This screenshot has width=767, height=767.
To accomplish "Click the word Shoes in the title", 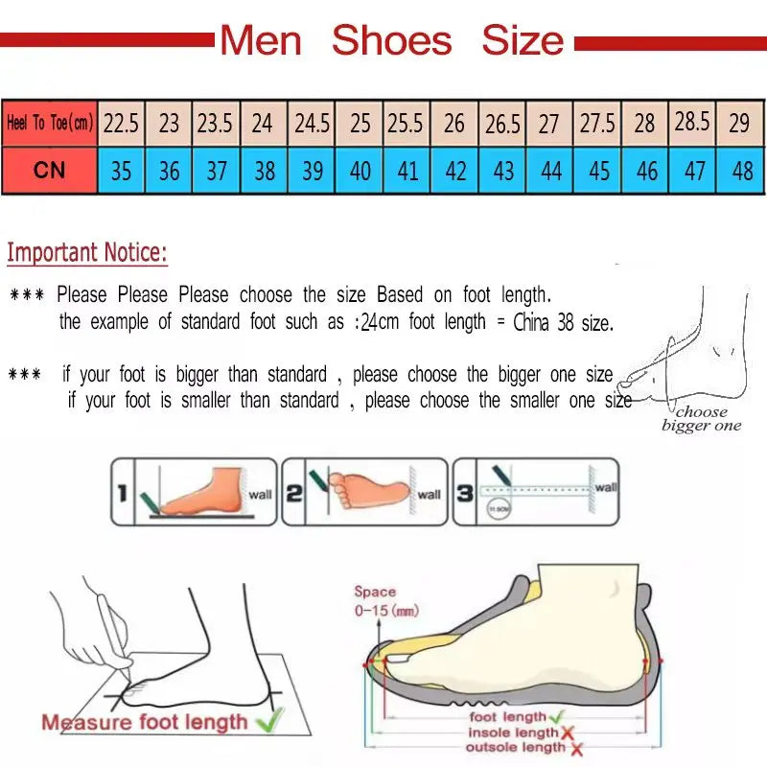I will pos(391,40).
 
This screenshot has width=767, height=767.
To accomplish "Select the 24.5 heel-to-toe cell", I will pos(312,124).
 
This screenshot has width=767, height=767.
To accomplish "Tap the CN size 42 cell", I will pos(455,171).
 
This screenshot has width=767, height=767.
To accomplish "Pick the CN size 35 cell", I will pos(121,171).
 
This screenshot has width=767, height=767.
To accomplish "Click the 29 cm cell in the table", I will pos(739,124).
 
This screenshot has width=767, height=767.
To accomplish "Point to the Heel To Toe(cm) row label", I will pos(50,124).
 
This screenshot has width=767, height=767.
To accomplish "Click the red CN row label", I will pos(50,170).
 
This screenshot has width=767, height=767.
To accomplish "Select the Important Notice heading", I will pos(87,253).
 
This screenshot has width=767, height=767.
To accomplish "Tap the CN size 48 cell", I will pos(741,171).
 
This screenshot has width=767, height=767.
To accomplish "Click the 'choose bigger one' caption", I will pos(702,419).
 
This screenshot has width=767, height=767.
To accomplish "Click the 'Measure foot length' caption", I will pos(144,722).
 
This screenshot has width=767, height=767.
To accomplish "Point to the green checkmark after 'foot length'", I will pos(556,716).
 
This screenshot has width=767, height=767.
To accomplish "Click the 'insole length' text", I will pos(511,732).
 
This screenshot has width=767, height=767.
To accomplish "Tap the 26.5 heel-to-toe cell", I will pos(502,124).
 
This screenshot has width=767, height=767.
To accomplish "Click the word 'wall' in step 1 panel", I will pos(260,495).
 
